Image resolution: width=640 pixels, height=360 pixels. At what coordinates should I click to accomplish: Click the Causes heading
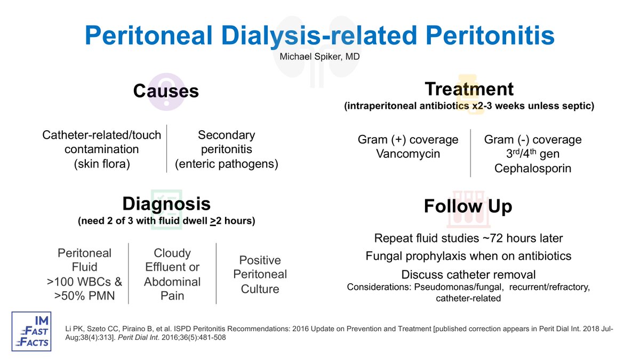(x=165, y=91)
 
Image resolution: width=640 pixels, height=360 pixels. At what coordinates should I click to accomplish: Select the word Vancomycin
(x=408, y=155)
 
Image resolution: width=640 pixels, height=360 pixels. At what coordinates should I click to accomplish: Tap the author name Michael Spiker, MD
(x=319, y=55)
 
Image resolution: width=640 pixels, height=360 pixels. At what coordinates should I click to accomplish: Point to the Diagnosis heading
(x=166, y=204)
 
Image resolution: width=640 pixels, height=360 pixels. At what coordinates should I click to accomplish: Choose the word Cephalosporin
(x=533, y=169)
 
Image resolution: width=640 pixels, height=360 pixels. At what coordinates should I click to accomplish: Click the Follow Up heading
(x=468, y=206)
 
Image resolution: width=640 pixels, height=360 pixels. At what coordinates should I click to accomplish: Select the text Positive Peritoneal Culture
(x=260, y=275)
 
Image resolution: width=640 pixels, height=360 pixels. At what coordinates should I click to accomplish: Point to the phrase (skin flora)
(x=102, y=164)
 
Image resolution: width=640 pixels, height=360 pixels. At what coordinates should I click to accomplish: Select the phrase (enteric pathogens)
(x=227, y=164)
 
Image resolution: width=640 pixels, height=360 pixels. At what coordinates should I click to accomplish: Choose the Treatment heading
(x=469, y=89)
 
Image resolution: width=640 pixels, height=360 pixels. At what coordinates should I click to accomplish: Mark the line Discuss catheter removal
(x=468, y=275)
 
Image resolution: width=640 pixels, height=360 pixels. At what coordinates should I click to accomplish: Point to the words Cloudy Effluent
(x=172, y=260)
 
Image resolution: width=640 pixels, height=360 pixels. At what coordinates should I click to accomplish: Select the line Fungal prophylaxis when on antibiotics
(x=468, y=256)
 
